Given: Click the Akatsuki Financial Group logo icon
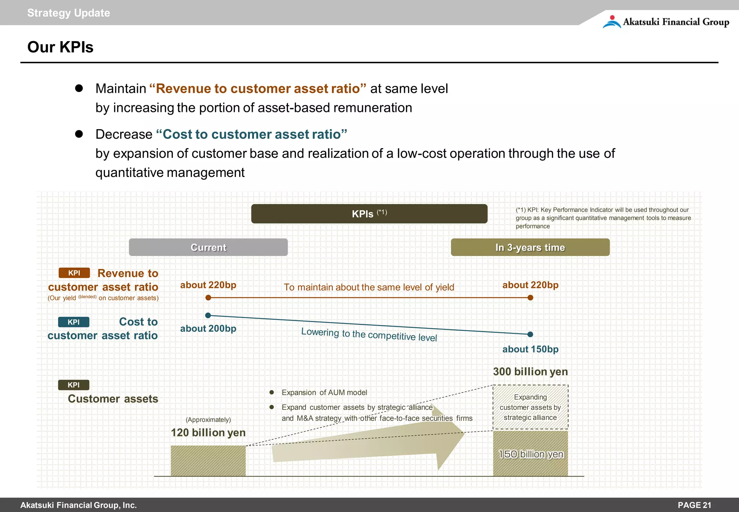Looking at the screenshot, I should point(612,22).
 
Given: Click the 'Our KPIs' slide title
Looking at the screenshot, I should point(60,47).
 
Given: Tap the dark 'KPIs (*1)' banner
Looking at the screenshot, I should point(369,214).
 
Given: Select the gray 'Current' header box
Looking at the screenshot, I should point(208,247).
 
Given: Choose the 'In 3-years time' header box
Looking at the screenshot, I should point(530,247).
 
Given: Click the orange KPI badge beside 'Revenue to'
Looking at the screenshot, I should point(74,273).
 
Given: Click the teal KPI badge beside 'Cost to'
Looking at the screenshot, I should point(74,322).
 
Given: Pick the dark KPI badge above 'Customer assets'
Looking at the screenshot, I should point(74,385).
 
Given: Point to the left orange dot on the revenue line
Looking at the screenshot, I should point(208,298).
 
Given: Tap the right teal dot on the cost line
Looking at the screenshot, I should point(530,334).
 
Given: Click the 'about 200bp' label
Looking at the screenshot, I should point(208,329).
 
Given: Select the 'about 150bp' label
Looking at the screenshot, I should point(530,349).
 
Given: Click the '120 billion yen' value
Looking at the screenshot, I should point(208,433).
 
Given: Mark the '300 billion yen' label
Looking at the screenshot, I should point(530,372).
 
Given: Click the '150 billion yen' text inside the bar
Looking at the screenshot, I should point(530,454).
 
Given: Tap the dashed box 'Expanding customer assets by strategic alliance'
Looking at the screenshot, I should point(530,407).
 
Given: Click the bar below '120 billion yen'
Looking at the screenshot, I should point(208,461).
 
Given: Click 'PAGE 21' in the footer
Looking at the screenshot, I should point(694,505).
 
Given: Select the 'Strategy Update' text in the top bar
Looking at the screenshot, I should point(69,13).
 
